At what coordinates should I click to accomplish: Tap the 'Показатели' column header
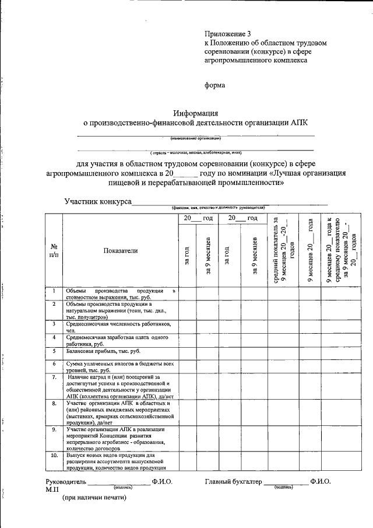click(120, 250)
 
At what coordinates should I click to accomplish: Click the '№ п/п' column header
click(54, 251)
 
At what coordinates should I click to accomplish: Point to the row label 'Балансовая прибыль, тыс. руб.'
click(103, 351)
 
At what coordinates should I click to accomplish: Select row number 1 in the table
click(54, 291)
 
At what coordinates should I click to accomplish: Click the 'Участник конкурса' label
click(97, 202)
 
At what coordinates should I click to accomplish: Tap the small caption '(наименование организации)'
click(195, 138)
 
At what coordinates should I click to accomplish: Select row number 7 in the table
click(54, 377)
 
